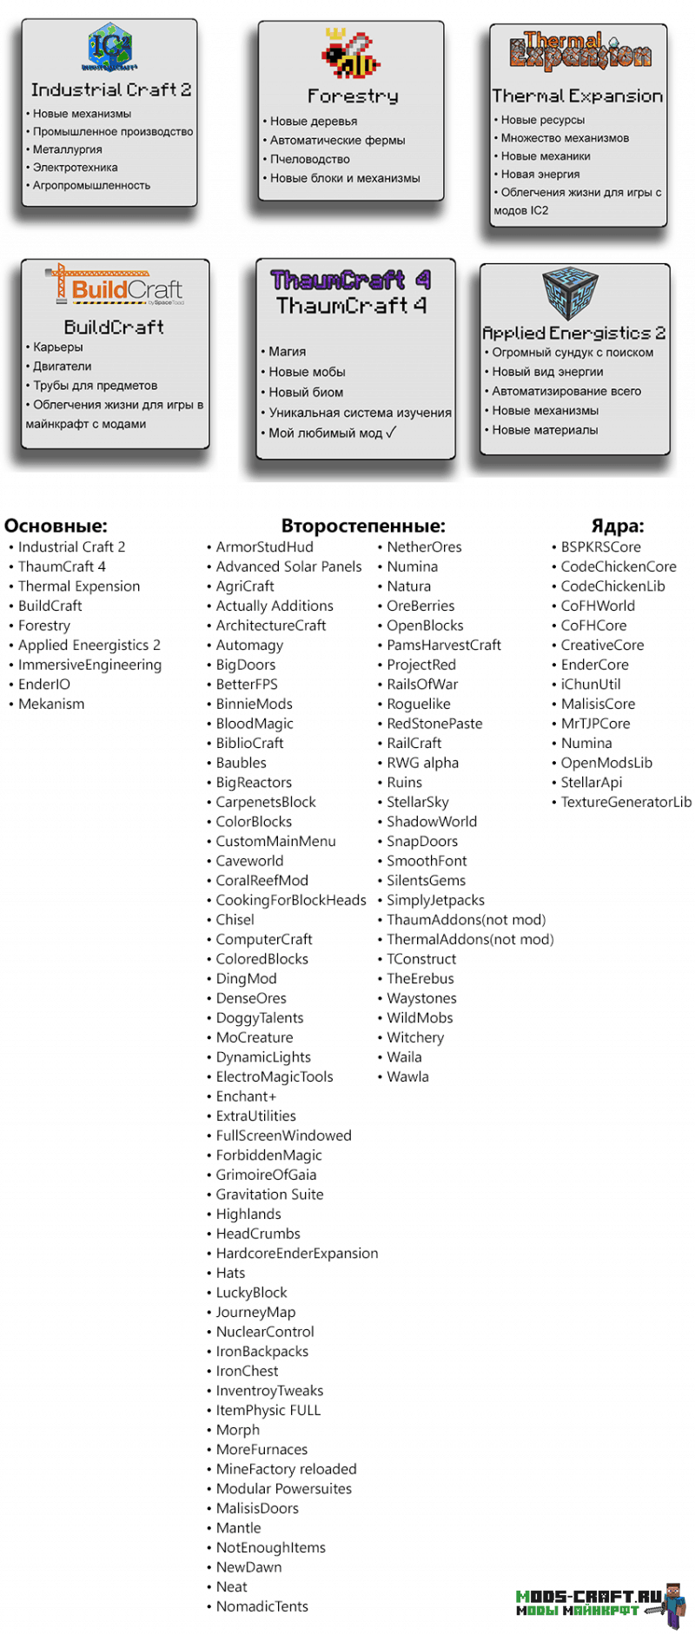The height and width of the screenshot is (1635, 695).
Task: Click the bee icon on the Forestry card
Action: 350,54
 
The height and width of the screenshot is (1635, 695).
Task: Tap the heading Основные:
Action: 56,526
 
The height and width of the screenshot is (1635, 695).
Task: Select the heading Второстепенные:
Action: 362,526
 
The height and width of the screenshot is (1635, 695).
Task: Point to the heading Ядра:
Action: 617,526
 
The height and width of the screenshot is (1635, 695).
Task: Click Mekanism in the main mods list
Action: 51,704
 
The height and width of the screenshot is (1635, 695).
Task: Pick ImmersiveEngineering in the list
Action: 89,665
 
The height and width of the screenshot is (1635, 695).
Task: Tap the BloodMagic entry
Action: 255,724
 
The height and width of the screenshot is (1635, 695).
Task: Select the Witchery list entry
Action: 414,1037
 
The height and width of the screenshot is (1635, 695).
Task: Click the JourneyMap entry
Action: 255,1312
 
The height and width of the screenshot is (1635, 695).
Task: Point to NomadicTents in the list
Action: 261,1606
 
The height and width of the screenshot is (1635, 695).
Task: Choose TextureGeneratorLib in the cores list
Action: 625,802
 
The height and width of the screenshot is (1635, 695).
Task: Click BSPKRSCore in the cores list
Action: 600,547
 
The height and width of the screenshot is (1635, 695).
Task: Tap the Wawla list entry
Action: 407,1076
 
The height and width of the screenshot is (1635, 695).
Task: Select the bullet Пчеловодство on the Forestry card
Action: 309,159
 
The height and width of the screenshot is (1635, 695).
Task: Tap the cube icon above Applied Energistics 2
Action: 570,293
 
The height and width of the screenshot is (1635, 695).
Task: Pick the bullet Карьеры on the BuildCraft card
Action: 57,347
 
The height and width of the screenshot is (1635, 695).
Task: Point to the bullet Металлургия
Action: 67,149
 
